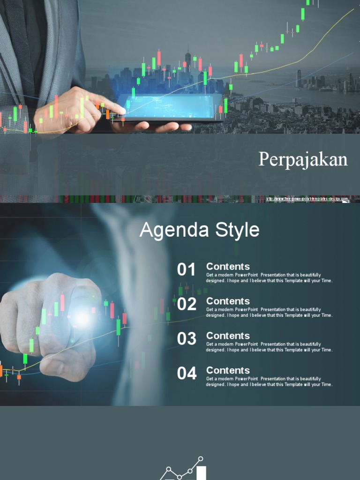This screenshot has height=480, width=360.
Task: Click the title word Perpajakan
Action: [x=303, y=160]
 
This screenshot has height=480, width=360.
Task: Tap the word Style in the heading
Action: [x=237, y=230]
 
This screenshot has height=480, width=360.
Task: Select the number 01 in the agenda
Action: [x=186, y=270]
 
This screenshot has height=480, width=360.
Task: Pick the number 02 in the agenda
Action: [x=187, y=305]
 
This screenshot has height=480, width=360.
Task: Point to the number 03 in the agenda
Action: [x=187, y=339]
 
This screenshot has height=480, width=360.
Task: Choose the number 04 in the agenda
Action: [x=187, y=374]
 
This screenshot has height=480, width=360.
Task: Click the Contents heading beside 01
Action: [x=228, y=267]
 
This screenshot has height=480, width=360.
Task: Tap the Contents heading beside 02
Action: [x=228, y=301]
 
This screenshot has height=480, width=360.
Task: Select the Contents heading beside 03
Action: [x=228, y=336]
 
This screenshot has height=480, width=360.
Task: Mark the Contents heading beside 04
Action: [x=228, y=370]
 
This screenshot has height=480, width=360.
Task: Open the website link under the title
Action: [x=307, y=199]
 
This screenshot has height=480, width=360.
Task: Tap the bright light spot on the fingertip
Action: [x=82, y=319]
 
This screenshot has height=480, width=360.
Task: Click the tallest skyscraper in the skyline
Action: [x=188, y=63]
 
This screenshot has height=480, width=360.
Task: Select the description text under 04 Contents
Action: [x=269, y=382]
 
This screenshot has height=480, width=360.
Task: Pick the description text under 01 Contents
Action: [x=269, y=278]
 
